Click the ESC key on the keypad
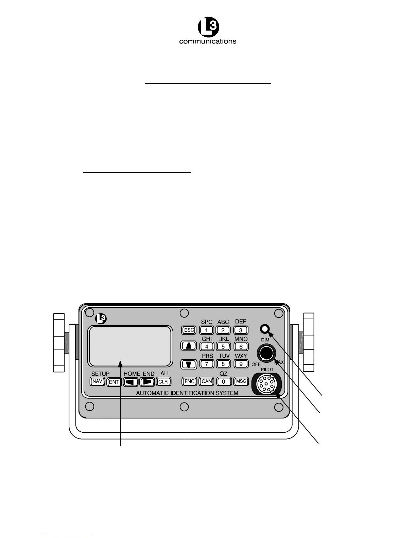click(x=189, y=330)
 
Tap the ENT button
click(x=114, y=382)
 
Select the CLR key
click(x=163, y=382)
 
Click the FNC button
click(x=189, y=381)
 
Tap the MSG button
click(x=241, y=381)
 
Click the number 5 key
click(x=223, y=346)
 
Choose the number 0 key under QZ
click(x=223, y=382)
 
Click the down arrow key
click(x=189, y=364)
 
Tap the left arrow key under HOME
click(x=131, y=382)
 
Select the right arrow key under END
click(x=147, y=382)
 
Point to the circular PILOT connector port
click(x=266, y=384)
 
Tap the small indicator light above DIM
click(x=265, y=329)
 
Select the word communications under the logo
click(x=208, y=41)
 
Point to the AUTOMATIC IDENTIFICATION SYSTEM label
click(x=187, y=393)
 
